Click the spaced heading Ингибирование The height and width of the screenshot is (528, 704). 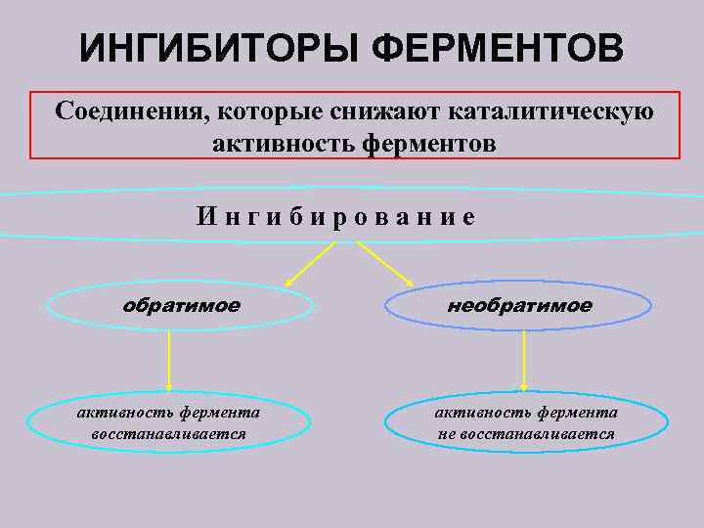tap(335, 215)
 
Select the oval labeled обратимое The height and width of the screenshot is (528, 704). tap(181, 306)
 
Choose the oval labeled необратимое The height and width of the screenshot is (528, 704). tap(518, 306)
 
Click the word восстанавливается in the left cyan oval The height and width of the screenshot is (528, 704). tap(168, 433)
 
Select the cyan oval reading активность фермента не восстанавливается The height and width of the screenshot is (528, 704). tap(527, 423)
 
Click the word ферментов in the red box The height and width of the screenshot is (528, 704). tap(429, 143)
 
